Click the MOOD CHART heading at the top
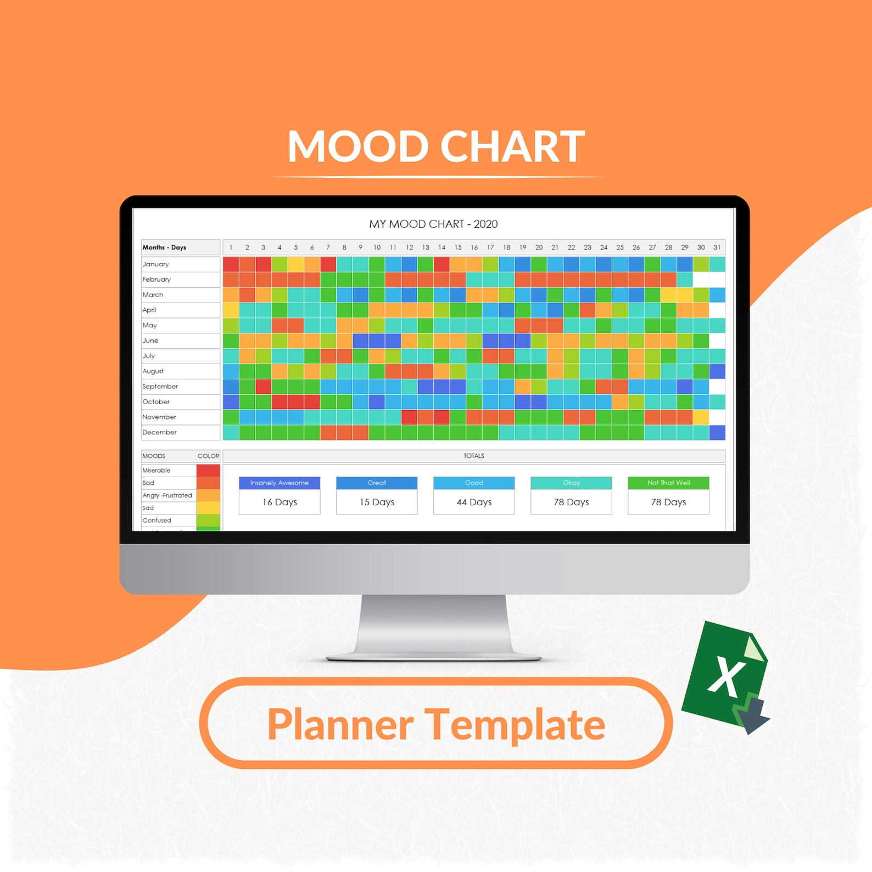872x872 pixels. [x=436, y=147]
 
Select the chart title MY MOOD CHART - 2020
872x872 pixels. [x=433, y=224]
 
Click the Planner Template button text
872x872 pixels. [x=436, y=724]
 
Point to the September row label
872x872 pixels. [x=160, y=387]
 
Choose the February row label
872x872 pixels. [x=156, y=280]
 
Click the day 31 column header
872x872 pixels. [x=717, y=248]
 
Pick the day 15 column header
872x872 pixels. [x=458, y=248]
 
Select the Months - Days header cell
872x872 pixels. [x=165, y=248]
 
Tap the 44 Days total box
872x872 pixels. [x=474, y=502]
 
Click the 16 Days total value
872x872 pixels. [x=280, y=502]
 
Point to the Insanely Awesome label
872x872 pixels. [x=280, y=483]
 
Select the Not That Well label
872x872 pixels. [x=668, y=483]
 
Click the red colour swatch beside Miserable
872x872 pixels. [x=208, y=470]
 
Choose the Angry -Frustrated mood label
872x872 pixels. [x=167, y=495]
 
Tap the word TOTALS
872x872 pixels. [x=473, y=456]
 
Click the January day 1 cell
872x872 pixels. [x=231, y=264]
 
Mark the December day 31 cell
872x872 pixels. [x=717, y=433]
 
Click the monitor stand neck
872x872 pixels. [x=434, y=623]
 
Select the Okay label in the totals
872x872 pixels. [x=571, y=483]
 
